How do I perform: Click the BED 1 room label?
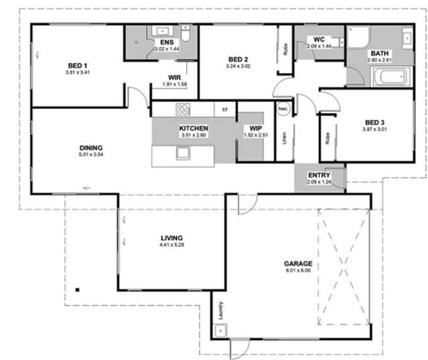[74, 65]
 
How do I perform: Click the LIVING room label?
[172, 238]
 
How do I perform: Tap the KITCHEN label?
[194, 128]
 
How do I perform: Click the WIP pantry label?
[257, 128]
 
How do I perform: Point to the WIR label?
[175, 78]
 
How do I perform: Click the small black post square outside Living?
[78, 289]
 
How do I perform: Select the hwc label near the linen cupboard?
[283, 108]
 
